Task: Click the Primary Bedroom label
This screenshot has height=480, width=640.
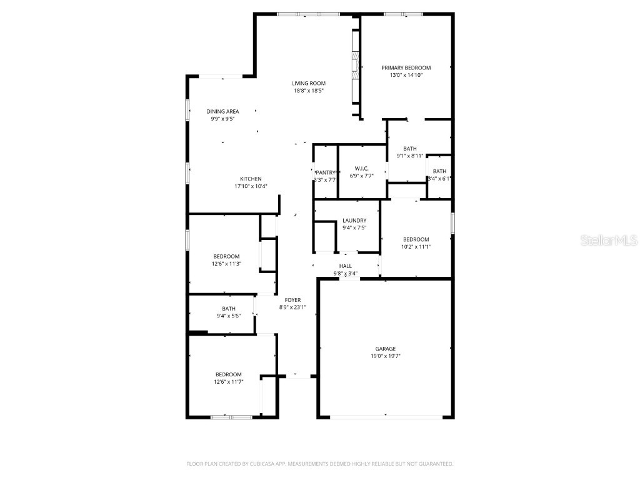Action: [x=406, y=67]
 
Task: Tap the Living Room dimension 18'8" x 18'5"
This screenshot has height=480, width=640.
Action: [x=309, y=91]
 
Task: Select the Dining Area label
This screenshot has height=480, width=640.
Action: [x=223, y=111]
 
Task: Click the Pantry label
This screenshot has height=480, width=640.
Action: [x=326, y=172]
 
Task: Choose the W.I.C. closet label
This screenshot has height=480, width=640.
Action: [x=361, y=168]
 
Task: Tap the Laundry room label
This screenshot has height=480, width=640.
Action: [x=354, y=221]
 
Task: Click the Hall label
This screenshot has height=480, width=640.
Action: [x=346, y=266]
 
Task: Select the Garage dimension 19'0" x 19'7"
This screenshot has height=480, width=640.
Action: [x=386, y=356]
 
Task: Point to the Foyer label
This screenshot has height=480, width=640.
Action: [x=292, y=300]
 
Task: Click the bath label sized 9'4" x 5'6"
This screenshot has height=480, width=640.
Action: [x=229, y=308]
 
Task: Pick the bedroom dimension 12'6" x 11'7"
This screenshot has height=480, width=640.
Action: [x=228, y=382]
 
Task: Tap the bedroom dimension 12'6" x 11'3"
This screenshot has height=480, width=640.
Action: [x=226, y=264]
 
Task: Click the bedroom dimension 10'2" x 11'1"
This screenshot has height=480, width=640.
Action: [x=416, y=247]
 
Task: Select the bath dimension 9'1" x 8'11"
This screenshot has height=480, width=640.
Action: [x=410, y=156]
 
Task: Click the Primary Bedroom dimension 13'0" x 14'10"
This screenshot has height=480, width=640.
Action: [x=406, y=75]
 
